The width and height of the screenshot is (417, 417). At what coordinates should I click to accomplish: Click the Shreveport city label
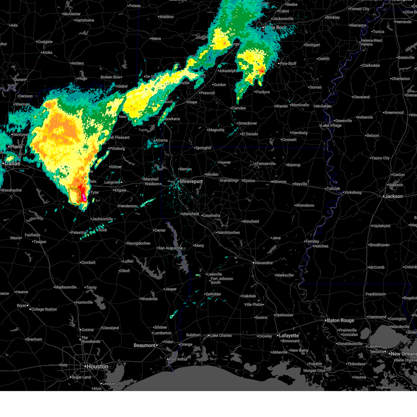pyautogui.click(x=191, y=181)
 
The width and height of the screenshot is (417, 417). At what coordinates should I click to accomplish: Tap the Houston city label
pyautogui.click(x=97, y=366)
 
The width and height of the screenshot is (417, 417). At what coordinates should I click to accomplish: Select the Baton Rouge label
pyautogui.click(x=341, y=320)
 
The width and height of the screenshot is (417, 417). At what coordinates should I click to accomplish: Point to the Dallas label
pyautogui.click(x=12, y=163)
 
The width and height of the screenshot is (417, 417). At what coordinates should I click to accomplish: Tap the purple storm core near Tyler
pyautogui.click(x=84, y=198)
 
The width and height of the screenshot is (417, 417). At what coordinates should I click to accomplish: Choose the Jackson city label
pyautogui.click(x=394, y=196)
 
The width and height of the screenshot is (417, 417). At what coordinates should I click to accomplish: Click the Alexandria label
pyautogui.click(x=263, y=263)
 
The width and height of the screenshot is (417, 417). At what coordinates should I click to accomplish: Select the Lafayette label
pyautogui.click(x=289, y=335)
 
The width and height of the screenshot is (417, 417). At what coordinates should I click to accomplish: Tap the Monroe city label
pyautogui.click(x=280, y=181)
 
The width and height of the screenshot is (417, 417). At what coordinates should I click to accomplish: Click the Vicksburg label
pyautogui.click(x=352, y=192)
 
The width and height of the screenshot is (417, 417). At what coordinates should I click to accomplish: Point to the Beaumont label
pyautogui.click(x=145, y=345)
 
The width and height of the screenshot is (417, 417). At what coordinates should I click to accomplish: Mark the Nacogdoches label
pyautogui.click(x=139, y=243)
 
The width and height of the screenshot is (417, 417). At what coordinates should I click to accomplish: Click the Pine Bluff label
pyautogui.click(x=288, y=64)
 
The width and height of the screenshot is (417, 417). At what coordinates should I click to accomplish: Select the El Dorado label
pyautogui.click(x=250, y=134)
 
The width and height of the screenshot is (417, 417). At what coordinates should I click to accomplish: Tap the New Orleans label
pyautogui.click(x=403, y=354)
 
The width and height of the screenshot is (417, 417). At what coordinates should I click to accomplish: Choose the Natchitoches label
pyautogui.click(x=228, y=232)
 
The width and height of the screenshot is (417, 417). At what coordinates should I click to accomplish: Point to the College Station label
pyautogui.click(x=44, y=309)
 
